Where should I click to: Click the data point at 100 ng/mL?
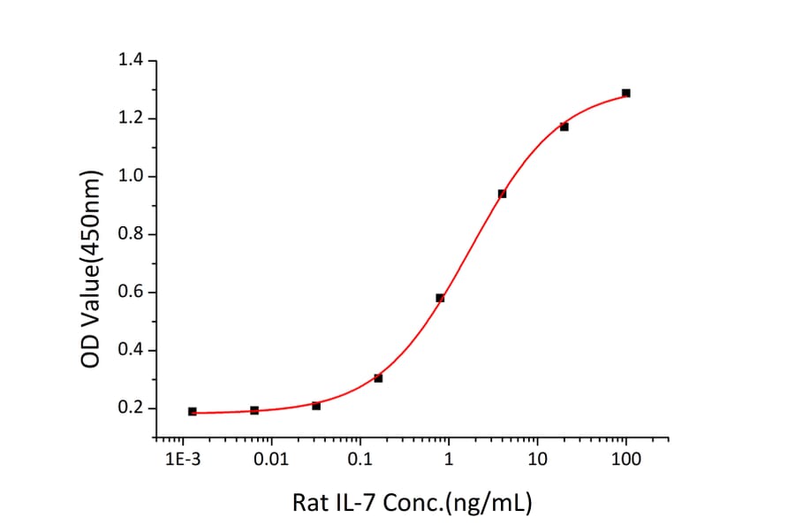pyautogui.click(x=625, y=93)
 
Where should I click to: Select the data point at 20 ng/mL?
pyautogui.click(x=564, y=126)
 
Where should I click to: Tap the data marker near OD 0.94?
pyautogui.click(x=502, y=194)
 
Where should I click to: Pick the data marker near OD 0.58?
pyautogui.click(x=440, y=298)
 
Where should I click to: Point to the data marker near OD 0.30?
pyautogui.click(x=378, y=378)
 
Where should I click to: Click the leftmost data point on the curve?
pyautogui.click(x=193, y=412)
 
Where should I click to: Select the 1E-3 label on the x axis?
pyautogui.click(x=183, y=460)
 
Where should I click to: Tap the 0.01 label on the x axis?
pyautogui.click(x=271, y=460)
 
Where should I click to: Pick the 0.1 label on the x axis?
pyautogui.click(x=360, y=460)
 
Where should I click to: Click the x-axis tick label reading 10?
pyautogui.click(x=537, y=460)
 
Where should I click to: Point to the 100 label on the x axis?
pyautogui.click(x=625, y=460)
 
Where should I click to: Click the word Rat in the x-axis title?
pyautogui.click(x=310, y=504)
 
